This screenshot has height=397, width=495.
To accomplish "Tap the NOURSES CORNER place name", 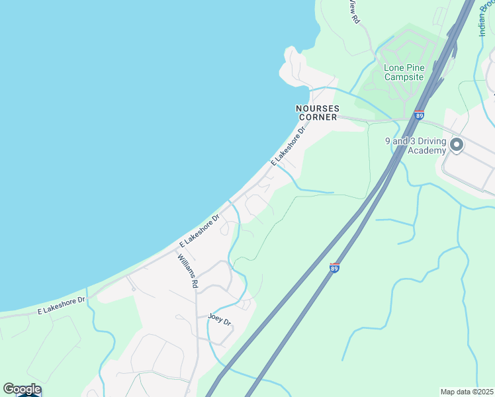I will coord(317,112).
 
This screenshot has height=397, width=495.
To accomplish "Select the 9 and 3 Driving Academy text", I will coord(416,146).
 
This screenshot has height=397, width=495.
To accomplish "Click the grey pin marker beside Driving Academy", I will coord(456,144).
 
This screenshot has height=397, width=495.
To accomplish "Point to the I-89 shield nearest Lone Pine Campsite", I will coord(420,115).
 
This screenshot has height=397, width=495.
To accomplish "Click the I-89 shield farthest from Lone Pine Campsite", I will coord(334,268).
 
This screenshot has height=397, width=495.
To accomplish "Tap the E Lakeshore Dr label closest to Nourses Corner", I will coord(289,147).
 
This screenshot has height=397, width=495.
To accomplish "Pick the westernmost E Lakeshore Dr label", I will coord(62,305).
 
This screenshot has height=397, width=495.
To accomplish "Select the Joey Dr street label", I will coord(219,319).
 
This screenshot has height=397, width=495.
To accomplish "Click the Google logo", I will coord(22,389).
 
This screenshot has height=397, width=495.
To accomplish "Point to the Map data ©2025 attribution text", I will coord(467,392).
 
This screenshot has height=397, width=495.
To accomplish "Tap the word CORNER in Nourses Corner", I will coord(317,117).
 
